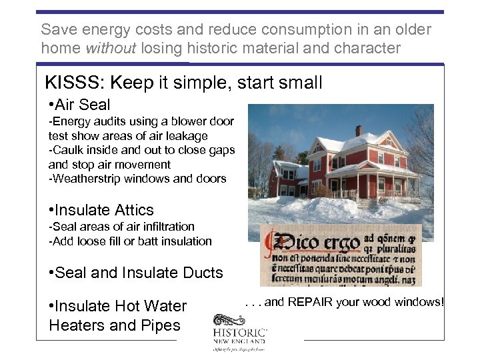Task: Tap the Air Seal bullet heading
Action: [79, 105]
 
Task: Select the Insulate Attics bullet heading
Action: [101, 210]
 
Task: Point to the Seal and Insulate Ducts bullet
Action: [136, 273]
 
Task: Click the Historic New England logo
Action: [240, 337]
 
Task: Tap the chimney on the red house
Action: [358, 131]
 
